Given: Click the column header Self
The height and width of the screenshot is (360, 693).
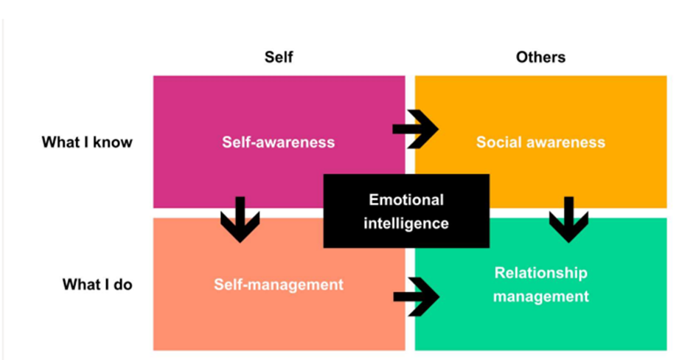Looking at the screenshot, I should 279,58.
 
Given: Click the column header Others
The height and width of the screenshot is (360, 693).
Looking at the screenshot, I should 541,58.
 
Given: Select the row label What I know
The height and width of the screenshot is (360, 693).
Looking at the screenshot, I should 87,142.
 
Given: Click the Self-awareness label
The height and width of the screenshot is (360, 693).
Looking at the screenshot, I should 279,142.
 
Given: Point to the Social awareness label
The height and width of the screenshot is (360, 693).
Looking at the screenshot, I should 540,142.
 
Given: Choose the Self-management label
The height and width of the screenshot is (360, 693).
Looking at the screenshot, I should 279,283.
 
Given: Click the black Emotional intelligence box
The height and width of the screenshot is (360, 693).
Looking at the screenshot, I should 406,211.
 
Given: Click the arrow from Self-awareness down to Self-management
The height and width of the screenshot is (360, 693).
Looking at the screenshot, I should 240,219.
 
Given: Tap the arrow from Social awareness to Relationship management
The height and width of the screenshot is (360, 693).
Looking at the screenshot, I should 568,219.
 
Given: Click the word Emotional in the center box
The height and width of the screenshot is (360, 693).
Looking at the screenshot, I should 406,200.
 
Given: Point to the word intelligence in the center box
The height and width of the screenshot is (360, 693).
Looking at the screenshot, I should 406,223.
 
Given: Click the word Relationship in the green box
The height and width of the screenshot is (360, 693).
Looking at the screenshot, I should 540,273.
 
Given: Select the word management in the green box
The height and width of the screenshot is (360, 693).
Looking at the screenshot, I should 540,297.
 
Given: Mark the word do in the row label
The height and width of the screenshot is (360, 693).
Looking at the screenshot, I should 123,283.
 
